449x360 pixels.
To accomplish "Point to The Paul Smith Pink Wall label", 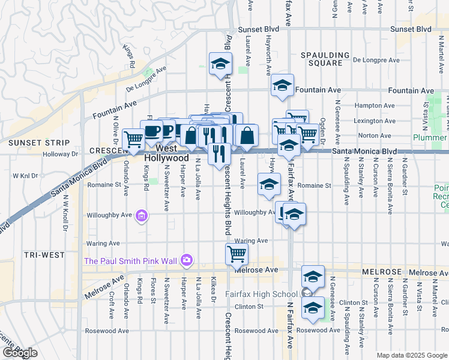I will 130,260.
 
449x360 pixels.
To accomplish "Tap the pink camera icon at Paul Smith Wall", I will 187,260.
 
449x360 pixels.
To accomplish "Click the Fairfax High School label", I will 261,294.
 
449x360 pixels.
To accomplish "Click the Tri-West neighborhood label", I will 44,255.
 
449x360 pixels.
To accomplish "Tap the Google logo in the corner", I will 20,353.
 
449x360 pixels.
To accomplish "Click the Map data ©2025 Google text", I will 411,355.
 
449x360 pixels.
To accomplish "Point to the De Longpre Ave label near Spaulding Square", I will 376,60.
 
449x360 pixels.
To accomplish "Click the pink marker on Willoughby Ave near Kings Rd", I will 142,215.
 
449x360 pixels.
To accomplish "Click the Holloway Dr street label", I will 61,154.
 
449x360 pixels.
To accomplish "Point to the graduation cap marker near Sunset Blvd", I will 220,64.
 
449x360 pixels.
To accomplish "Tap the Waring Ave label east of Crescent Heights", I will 255,241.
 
